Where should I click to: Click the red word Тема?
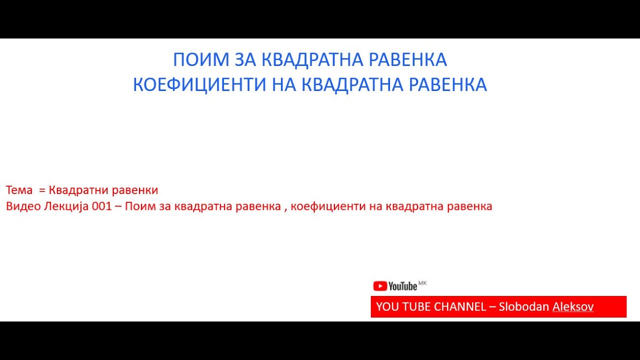pos(19,190)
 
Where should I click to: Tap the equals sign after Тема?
pos(41,190)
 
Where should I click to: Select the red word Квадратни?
pos(78,190)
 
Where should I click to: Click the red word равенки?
pos(135,190)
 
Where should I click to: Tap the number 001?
pos(101,206)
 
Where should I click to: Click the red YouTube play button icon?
pos(380,286)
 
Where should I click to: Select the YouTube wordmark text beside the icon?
pos(402,286)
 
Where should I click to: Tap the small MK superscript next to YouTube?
pos(422,283)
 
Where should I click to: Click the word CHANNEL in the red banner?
pos(459,306)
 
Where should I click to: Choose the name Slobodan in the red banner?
pos(524,306)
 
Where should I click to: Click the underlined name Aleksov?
pos(573,306)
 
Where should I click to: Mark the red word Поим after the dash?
pos(137,206)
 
